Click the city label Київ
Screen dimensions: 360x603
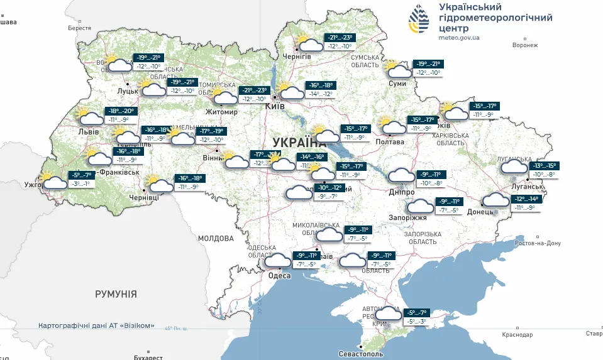point(275,106)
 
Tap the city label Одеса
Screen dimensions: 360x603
point(279,276)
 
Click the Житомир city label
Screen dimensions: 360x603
point(221,112)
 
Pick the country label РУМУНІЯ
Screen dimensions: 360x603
point(116,294)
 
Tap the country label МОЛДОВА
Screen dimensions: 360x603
point(216,239)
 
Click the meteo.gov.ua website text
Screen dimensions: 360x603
point(459,38)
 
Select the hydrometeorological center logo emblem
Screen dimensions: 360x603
point(421,19)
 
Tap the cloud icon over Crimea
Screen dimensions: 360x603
point(388,315)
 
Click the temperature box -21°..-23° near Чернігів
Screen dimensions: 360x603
point(340,38)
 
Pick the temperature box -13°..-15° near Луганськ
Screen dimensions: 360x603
point(543,166)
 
